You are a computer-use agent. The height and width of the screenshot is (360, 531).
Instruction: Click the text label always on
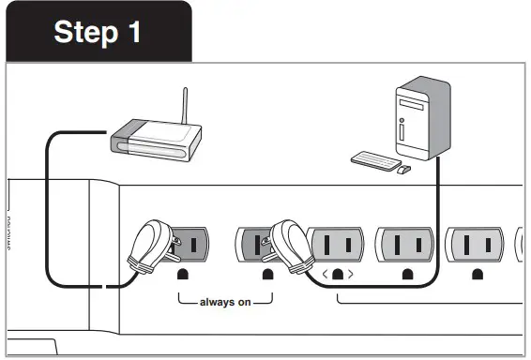click(x=225, y=303)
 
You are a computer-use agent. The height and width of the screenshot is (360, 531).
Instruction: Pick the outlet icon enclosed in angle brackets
click(x=336, y=275)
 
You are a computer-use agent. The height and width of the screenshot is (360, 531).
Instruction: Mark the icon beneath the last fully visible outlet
click(x=478, y=275)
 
